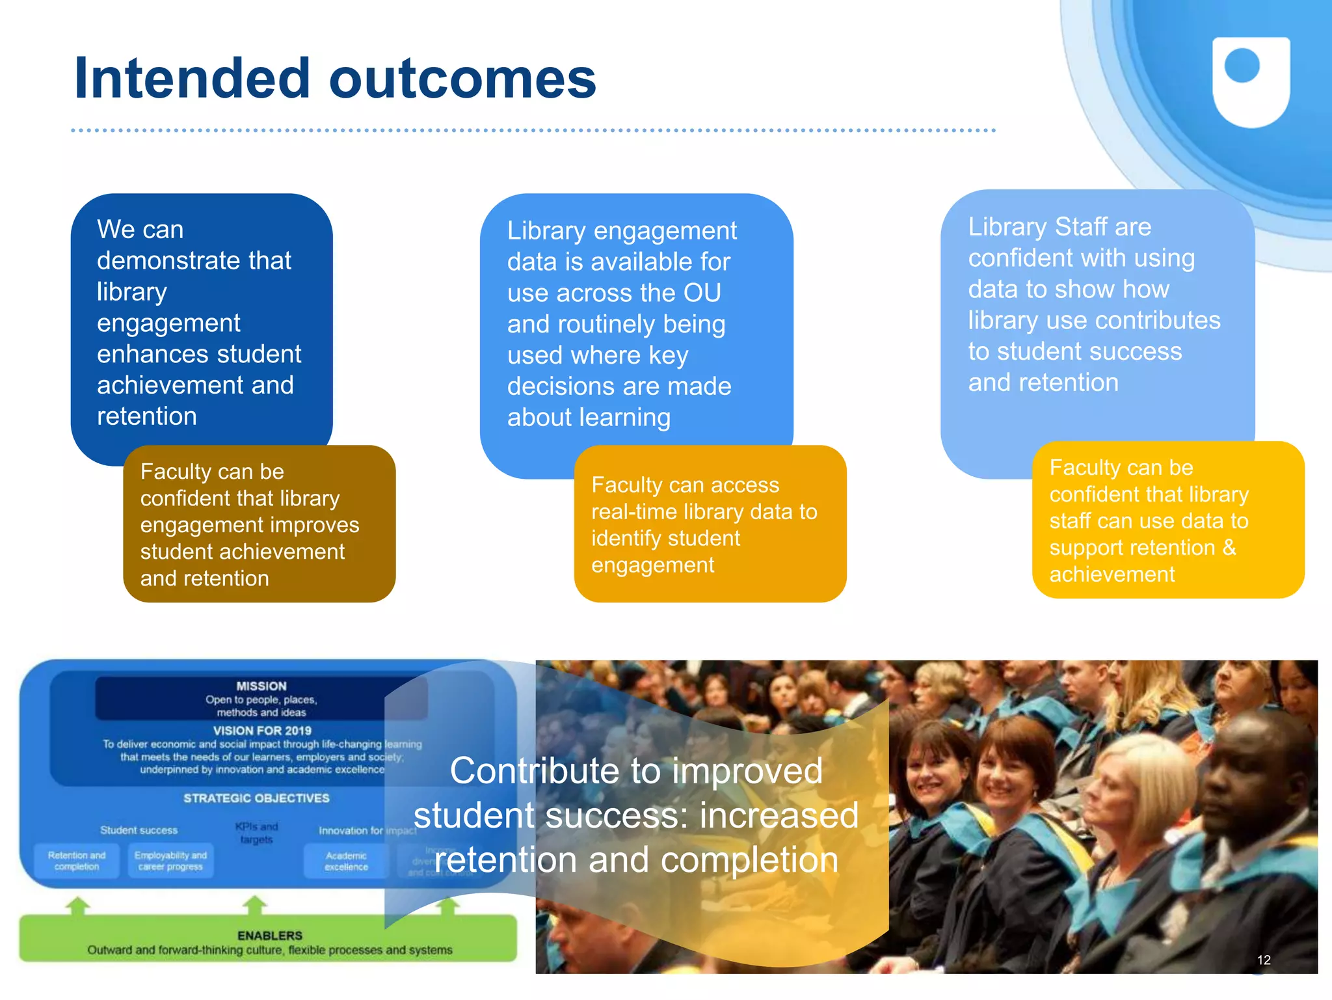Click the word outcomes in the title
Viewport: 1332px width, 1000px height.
[x=462, y=79]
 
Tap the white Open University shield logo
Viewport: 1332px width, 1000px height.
[x=1251, y=81]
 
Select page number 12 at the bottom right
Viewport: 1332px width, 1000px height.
[x=1263, y=960]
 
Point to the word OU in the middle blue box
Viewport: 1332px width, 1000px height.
[x=702, y=293]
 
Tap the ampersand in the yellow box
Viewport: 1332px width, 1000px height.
[x=1229, y=547]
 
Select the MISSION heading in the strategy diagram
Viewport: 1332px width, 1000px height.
[x=261, y=686]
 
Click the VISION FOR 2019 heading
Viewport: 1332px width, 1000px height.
[x=262, y=731]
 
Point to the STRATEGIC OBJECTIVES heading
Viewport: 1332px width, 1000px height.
[x=256, y=798]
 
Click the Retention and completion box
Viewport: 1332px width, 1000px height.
[x=77, y=861]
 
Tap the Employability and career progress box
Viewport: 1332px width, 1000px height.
[x=170, y=861]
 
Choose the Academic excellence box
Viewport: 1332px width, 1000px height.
[x=346, y=861]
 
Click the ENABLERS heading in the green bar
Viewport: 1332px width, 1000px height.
[x=270, y=936]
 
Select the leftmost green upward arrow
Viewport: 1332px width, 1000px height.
[x=78, y=906]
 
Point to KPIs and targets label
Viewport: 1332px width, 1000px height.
[x=256, y=833]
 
